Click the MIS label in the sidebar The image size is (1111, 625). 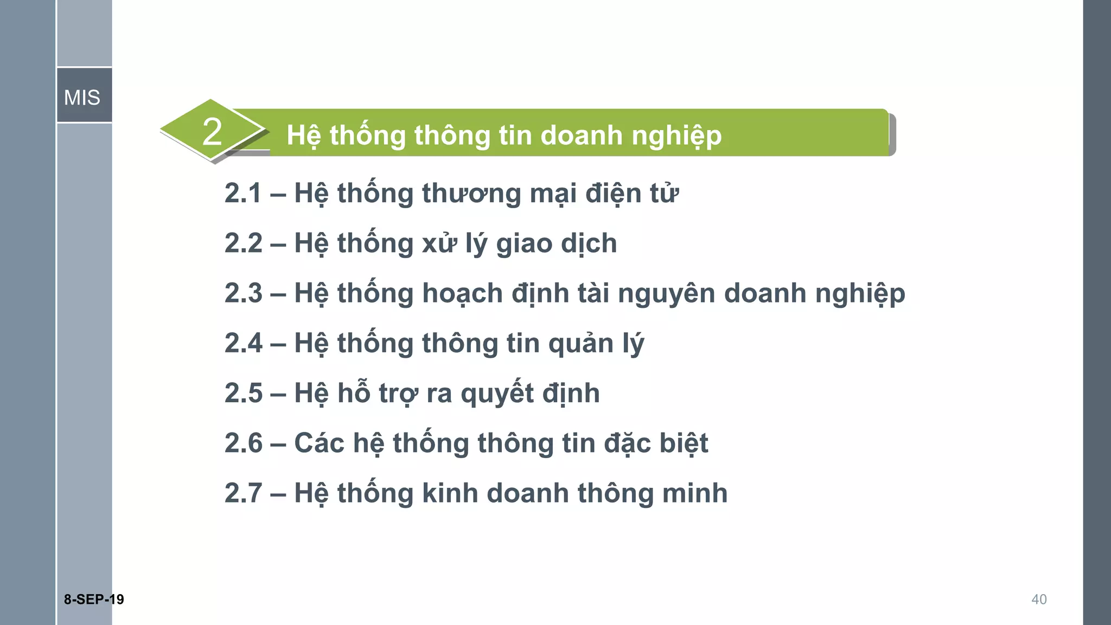pos(82,98)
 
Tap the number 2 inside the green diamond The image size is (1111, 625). pos(212,132)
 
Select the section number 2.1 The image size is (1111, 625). pos(243,194)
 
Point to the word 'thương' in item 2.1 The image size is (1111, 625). pos(471,194)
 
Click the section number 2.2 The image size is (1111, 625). pos(243,243)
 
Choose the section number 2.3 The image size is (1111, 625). pos(243,293)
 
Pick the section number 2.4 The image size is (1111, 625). pos(243,343)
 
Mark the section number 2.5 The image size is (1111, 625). pos(243,393)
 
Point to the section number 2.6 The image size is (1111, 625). pos(243,443)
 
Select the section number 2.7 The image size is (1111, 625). pos(243,493)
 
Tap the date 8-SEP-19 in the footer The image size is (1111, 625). pos(94,599)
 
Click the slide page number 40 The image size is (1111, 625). pos(1039,599)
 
